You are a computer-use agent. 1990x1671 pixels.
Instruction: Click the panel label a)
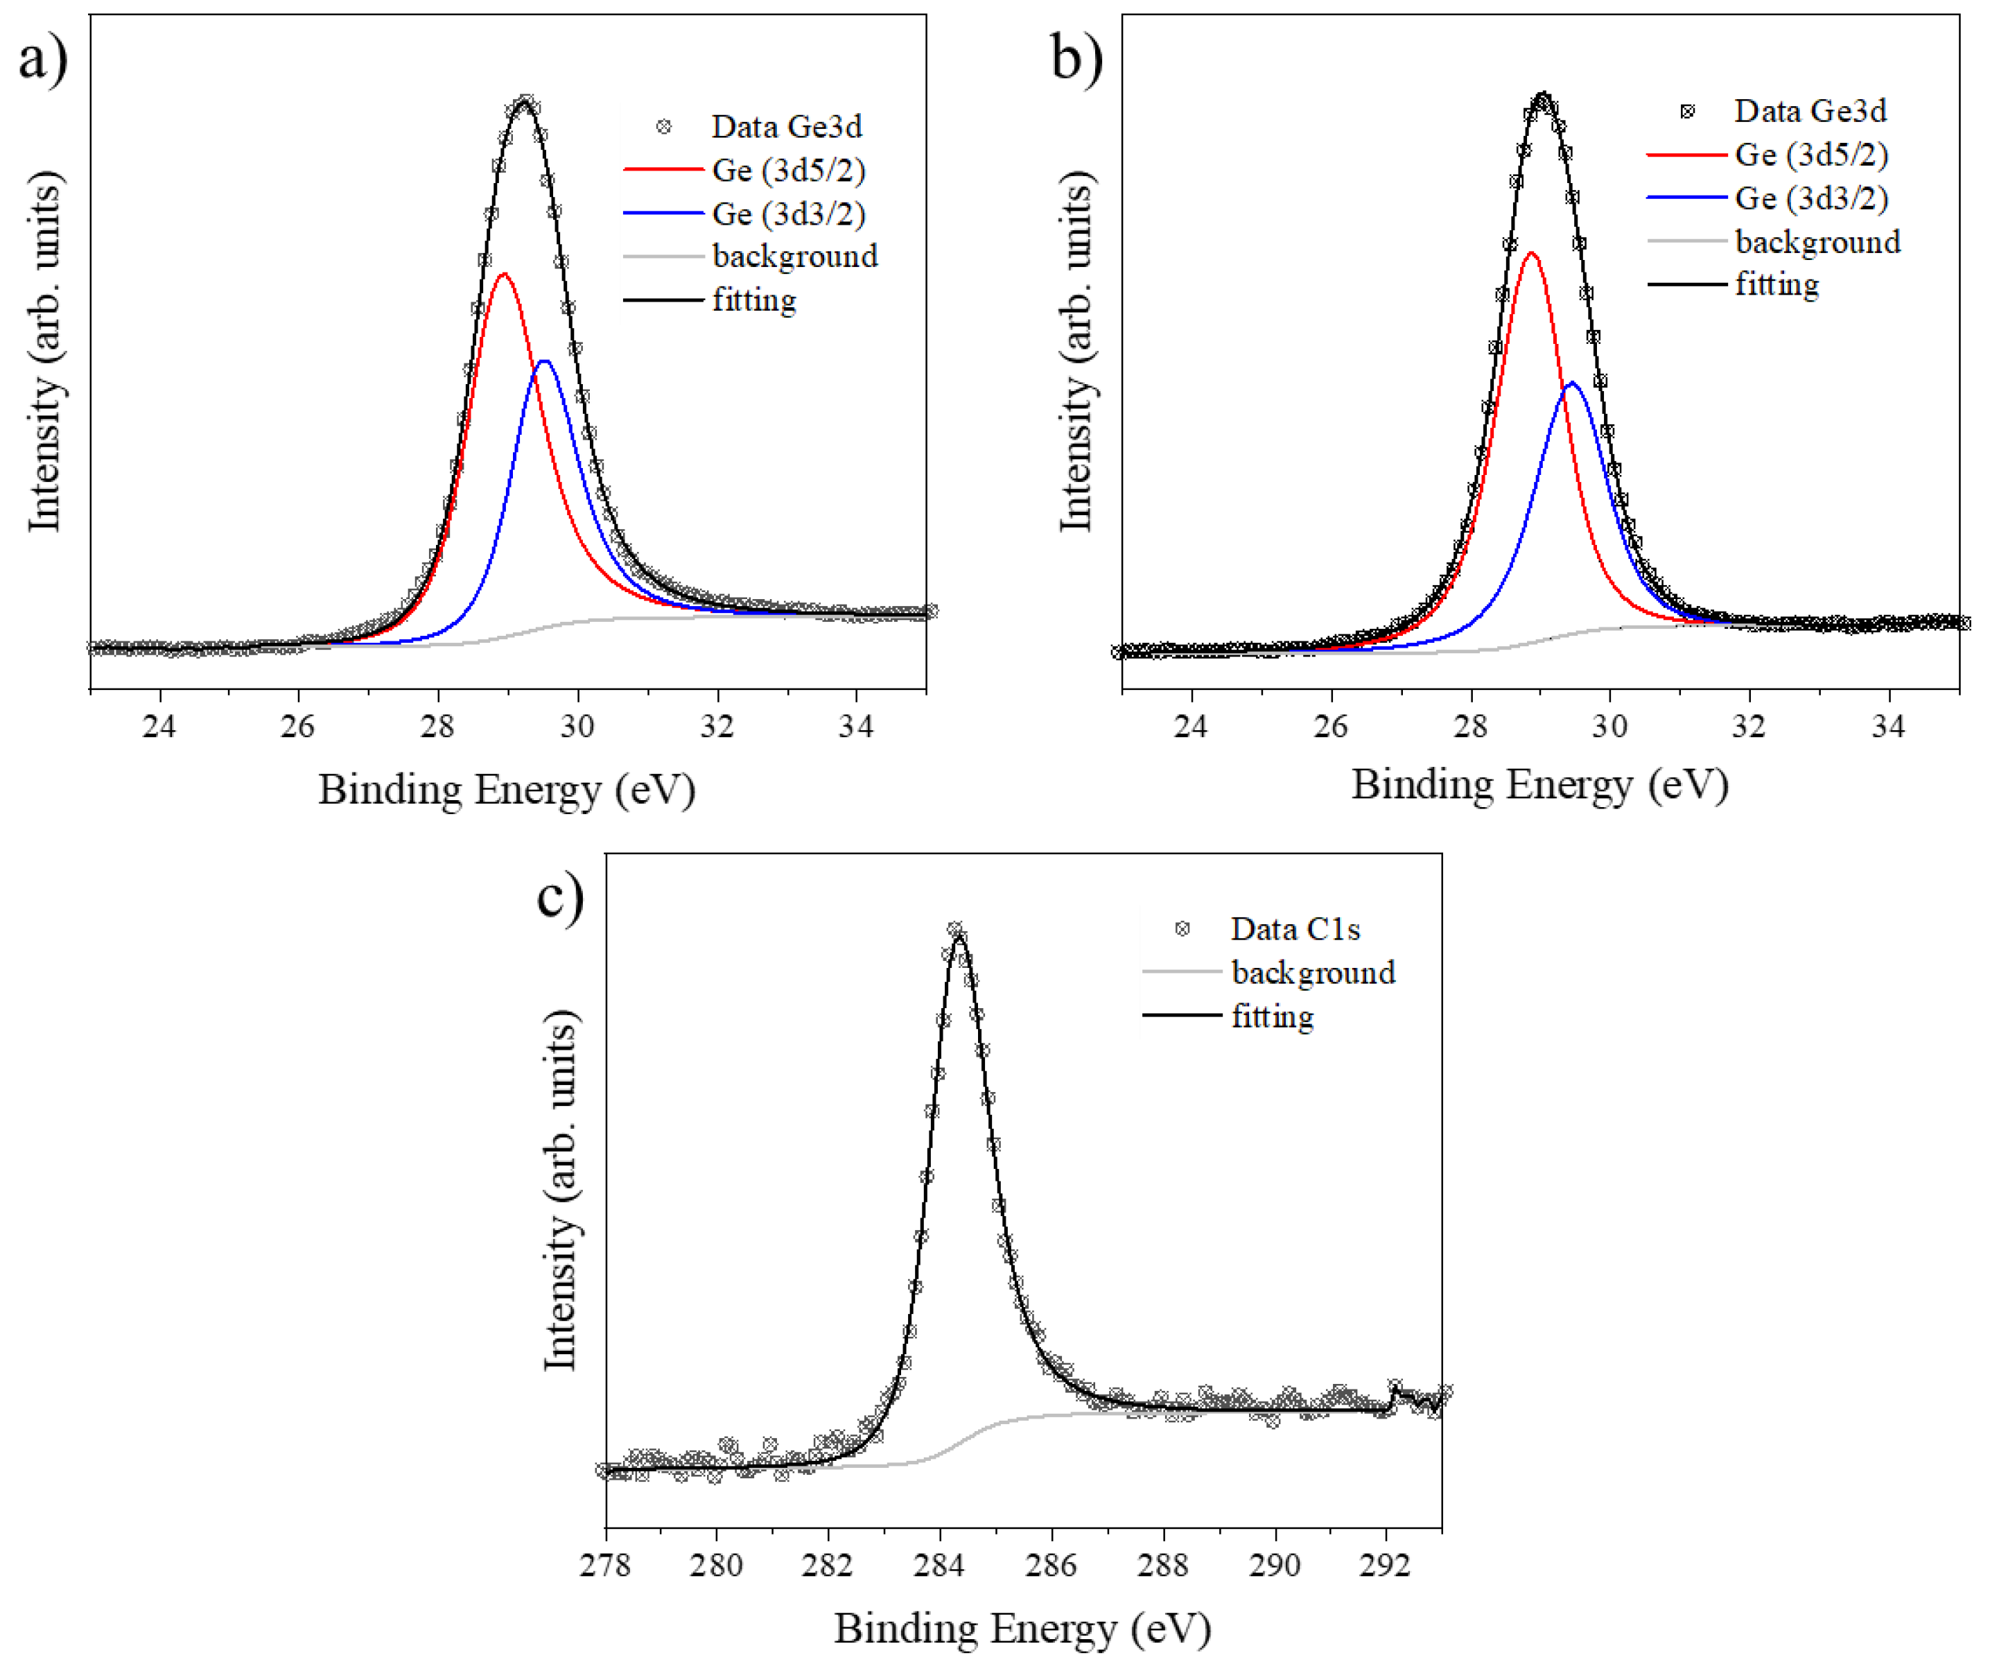43,59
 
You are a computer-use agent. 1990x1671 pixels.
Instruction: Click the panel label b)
1076,59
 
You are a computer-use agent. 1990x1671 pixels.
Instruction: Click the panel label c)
560,897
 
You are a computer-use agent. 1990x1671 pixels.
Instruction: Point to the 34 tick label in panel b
1887,727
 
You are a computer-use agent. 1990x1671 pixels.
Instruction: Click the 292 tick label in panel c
1386,1565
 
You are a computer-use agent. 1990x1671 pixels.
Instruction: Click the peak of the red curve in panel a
504,274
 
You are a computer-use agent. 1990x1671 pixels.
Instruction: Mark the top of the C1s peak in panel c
957,933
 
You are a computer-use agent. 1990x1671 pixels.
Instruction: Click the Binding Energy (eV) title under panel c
1022,1628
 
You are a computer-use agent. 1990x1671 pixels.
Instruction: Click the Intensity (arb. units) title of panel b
1076,352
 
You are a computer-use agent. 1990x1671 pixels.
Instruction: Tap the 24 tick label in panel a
159,727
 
